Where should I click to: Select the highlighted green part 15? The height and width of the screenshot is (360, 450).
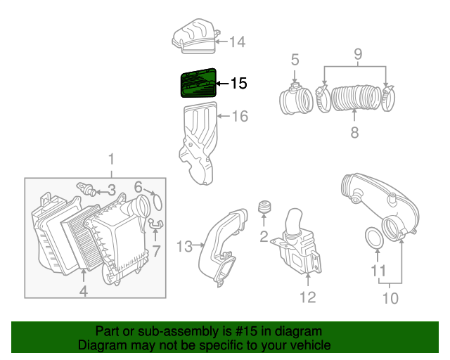click(x=198, y=84)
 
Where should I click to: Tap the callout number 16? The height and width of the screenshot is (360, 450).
click(x=240, y=116)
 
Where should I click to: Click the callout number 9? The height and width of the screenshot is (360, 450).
click(x=356, y=53)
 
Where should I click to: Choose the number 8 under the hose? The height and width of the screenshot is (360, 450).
click(x=354, y=131)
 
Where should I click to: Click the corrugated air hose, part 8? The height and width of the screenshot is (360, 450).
click(x=354, y=99)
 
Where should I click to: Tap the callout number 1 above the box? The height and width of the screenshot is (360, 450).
click(x=110, y=160)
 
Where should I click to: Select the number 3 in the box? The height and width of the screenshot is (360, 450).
click(x=111, y=189)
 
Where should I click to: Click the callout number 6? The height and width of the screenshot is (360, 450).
click(x=139, y=186)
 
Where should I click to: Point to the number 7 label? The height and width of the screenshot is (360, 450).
click(x=156, y=250)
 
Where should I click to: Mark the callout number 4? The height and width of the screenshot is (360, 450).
click(x=83, y=290)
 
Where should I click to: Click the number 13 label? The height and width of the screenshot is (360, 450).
click(x=184, y=246)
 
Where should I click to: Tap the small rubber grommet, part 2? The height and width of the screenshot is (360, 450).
click(x=265, y=208)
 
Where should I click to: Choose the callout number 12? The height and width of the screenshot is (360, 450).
click(x=307, y=297)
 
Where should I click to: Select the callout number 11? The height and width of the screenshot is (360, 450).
click(x=378, y=271)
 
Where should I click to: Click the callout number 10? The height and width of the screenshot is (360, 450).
click(x=390, y=298)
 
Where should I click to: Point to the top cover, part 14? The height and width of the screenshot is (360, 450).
click(x=195, y=37)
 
